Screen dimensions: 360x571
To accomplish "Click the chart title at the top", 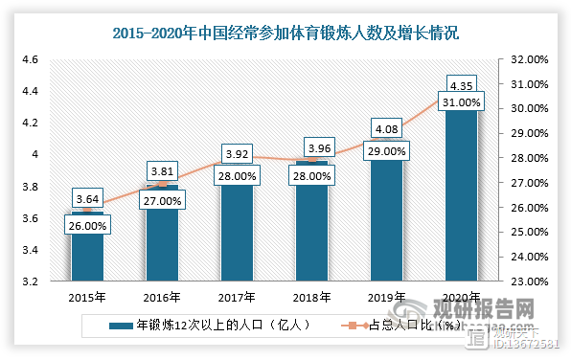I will [285, 34].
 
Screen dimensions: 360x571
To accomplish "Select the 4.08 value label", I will [387, 125].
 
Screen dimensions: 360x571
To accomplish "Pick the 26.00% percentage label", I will [88, 226].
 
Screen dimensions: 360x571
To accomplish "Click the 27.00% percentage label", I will [163, 200].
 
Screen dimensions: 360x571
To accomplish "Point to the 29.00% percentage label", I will [387, 150].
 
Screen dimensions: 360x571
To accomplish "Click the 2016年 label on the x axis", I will [163, 297].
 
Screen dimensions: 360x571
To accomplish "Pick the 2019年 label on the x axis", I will [387, 297].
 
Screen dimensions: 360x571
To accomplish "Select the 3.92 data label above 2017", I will [238, 151].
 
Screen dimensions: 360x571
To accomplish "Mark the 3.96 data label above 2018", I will [312, 147].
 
